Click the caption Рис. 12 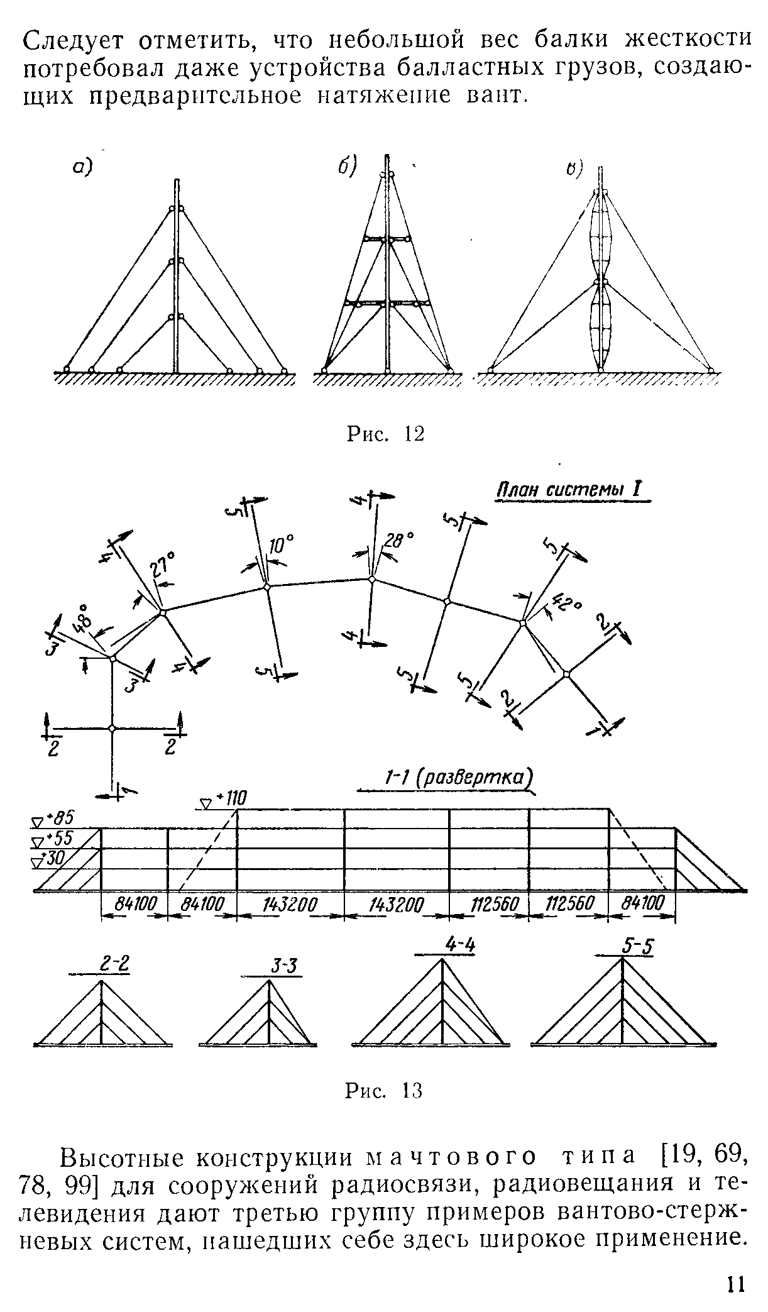coord(385,433)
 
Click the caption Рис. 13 coord(384,1090)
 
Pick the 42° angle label coord(565,607)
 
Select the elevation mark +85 coord(60,819)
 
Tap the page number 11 coord(735,1282)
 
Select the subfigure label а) coord(80,166)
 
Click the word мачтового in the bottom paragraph coord(451,1157)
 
